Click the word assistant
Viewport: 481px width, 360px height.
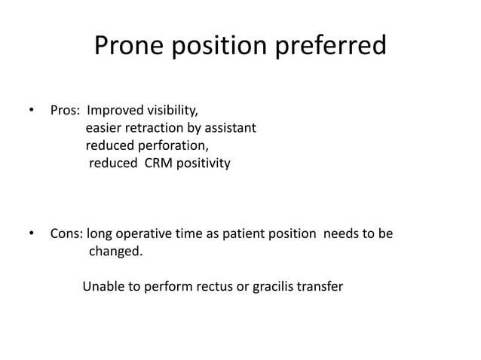[231, 128]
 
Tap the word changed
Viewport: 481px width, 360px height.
[115, 251]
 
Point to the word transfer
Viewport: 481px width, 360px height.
[320, 286]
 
